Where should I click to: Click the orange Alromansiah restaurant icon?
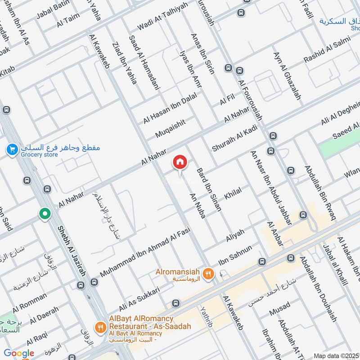pos(208,273)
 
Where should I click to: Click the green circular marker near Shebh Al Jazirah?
pos(45,214)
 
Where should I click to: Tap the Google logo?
pos(19,353)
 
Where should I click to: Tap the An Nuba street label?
pos(198,207)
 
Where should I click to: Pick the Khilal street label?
pos(233,194)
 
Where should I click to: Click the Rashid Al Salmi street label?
pos(320,53)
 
